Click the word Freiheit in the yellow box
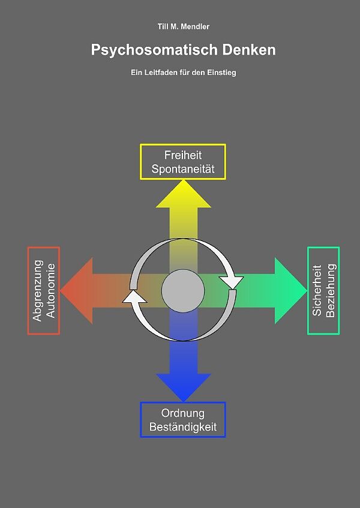(183, 155)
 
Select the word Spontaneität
(183, 169)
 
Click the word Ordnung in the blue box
(183, 413)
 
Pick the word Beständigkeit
(183, 428)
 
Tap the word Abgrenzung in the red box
(38, 290)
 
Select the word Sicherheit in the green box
(317, 290)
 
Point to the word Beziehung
(331, 290)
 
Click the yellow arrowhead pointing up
(183, 195)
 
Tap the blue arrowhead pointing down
(183, 386)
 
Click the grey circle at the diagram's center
(183, 290)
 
